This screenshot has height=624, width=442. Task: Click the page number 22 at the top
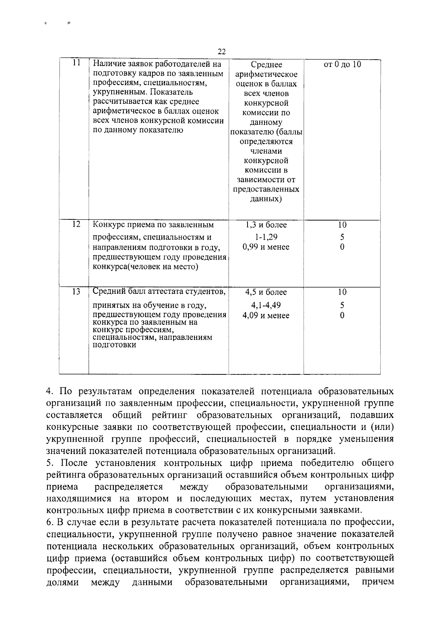(221, 51)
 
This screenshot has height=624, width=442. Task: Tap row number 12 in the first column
(76, 224)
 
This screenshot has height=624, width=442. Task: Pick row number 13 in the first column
(76, 292)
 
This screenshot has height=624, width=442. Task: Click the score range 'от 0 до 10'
(342, 64)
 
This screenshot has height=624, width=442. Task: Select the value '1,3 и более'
(266, 225)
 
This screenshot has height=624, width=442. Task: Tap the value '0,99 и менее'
(266, 247)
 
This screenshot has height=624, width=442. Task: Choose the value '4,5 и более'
(266, 292)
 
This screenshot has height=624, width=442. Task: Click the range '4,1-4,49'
(266, 305)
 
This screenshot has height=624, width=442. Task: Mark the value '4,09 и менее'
(266, 315)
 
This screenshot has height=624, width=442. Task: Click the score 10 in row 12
(342, 225)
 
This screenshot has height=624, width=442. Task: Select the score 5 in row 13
(342, 305)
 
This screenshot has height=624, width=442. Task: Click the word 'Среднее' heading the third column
(266, 65)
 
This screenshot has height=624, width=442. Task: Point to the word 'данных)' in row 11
(266, 199)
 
